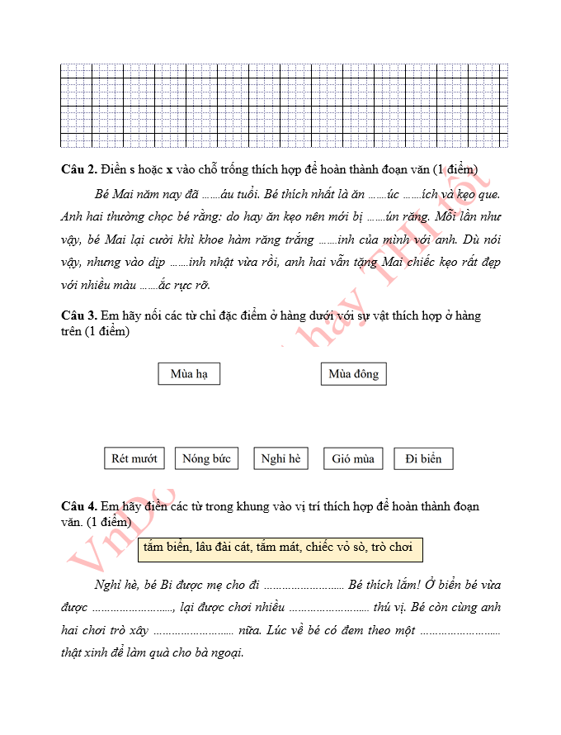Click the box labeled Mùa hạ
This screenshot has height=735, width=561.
[x=189, y=374]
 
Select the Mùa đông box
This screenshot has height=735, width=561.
[x=353, y=374]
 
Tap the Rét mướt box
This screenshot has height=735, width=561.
[x=134, y=458]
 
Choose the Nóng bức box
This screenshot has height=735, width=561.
[x=206, y=458]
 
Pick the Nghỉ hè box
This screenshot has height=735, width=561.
[x=280, y=458]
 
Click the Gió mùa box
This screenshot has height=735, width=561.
[x=353, y=458]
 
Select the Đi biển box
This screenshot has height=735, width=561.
[x=423, y=458]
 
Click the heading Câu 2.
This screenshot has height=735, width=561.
[x=79, y=169]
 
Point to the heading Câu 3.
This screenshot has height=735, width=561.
[x=79, y=315]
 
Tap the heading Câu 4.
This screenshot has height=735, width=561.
[x=79, y=505]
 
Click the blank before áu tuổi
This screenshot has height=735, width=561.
[x=211, y=196]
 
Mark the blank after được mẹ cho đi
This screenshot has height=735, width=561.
[x=303, y=586]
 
